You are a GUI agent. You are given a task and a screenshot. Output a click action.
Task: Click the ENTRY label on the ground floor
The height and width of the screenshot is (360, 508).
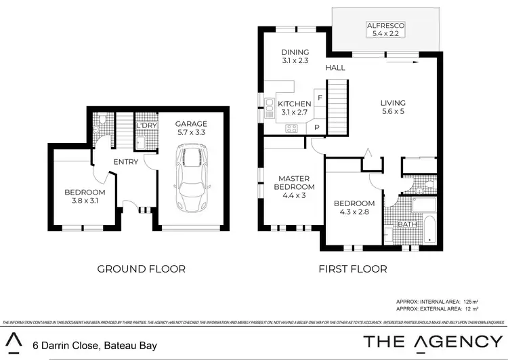pyautogui.click(x=125, y=161)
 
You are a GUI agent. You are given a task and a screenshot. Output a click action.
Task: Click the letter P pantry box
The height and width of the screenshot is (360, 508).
pyautogui.click(x=316, y=127)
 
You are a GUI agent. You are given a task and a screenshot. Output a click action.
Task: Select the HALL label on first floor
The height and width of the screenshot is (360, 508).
pyautogui.click(x=335, y=68)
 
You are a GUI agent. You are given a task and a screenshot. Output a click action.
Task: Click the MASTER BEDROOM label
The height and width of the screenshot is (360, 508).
pyautogui.click(x=294, y=182)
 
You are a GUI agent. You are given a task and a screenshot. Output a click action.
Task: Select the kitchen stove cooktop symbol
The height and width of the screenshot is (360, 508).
pyautogui.click(x=293, y=127)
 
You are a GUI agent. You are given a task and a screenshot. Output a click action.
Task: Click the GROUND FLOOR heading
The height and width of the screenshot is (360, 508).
pyautogui.click(x=142, y=268)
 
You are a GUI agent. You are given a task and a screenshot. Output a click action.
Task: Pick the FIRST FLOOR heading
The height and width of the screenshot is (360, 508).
pyautogui.click(x=353, y=268)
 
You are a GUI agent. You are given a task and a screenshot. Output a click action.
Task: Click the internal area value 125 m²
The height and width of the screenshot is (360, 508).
pyautogui.click(x=471, y=300)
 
